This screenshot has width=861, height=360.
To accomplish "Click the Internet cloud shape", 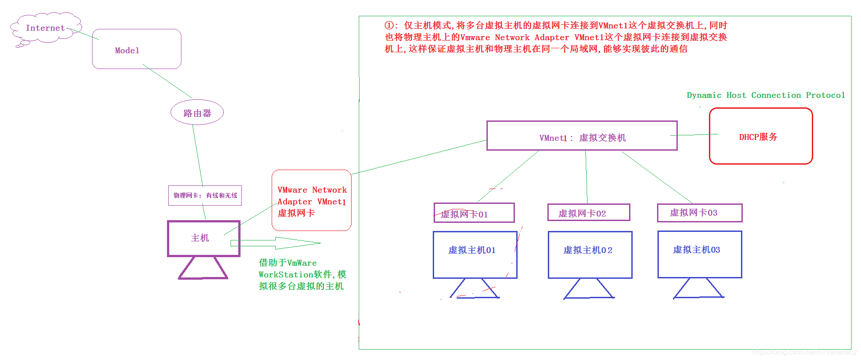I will click(45, 28).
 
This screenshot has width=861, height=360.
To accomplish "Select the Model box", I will click(136, 49).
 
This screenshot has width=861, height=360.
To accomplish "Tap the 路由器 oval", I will click(197, 113).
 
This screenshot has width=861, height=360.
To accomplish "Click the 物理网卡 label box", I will click(205, 195).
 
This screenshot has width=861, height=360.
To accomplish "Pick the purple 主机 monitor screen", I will click(204, 239).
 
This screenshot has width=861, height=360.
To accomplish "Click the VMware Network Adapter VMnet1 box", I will click(311, 200).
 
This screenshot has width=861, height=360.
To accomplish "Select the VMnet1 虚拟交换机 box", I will click(582, 136).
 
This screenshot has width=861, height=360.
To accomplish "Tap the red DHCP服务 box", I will click(760, 136).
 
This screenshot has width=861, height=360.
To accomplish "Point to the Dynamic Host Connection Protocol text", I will click(765, 95).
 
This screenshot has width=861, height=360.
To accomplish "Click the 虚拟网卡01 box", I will click(474, 213).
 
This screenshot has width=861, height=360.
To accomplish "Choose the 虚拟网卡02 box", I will click(588, 212).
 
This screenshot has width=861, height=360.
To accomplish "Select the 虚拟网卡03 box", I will click(699, 213).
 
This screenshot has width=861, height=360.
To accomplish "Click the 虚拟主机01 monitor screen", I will click(475, 255).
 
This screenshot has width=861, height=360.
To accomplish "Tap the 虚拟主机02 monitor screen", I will click(590, 255).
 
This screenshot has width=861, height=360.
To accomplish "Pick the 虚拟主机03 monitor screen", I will click(699, 254).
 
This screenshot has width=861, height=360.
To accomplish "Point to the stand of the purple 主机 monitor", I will click(203, 269).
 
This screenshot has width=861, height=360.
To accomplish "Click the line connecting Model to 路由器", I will click(167, 82).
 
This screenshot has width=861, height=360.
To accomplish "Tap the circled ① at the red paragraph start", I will click(389, 26).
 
